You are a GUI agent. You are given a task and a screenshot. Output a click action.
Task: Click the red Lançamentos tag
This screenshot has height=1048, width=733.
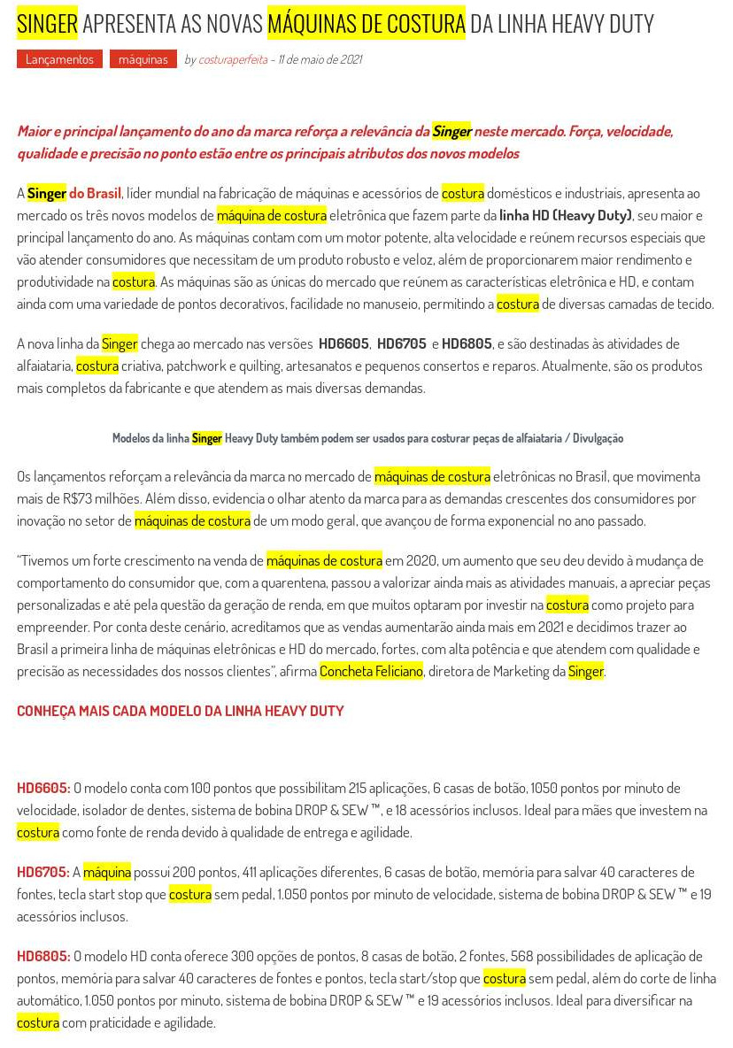point(59,59)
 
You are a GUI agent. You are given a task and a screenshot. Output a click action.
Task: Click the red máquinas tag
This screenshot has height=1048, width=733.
point(143,59)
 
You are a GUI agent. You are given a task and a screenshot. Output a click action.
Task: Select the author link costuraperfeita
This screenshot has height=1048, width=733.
point(233,59)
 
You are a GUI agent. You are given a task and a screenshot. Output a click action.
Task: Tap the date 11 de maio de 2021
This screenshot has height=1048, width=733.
point(320,59)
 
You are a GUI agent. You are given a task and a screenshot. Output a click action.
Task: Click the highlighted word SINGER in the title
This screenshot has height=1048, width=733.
point(47,24)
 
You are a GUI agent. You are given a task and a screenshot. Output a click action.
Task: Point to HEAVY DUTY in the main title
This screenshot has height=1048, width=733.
point(602,24)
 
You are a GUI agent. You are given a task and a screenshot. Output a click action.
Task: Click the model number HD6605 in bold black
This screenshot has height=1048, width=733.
point(343,343)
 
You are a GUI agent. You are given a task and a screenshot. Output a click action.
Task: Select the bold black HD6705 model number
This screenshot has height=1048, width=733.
point(402,343)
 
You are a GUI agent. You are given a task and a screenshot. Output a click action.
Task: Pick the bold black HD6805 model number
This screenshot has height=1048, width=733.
point(467,343)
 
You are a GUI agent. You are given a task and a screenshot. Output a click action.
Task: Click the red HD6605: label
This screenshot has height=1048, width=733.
point(43,788)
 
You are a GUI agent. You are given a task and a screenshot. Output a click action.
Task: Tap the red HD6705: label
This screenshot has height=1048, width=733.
point(43,872)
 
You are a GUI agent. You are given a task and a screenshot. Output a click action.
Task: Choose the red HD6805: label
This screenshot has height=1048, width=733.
point(43,956)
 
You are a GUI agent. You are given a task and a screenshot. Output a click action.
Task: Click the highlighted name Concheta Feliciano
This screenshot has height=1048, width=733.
point(371,671)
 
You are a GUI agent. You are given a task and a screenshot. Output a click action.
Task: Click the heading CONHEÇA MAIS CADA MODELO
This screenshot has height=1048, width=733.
point(180,711)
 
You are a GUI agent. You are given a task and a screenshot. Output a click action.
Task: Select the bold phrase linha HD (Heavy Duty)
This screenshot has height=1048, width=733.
point(566,215)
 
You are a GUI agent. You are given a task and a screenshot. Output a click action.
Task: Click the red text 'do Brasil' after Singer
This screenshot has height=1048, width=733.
point(96,193)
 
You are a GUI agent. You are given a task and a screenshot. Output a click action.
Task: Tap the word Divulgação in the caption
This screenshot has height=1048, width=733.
point(598,438)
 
